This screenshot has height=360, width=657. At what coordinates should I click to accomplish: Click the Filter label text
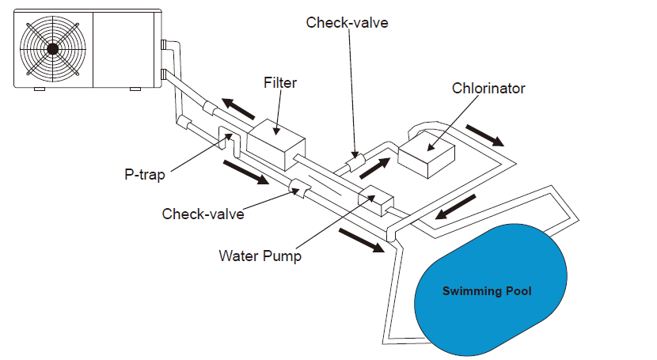pos(280,82)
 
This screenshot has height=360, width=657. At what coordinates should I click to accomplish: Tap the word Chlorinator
pos(488,88)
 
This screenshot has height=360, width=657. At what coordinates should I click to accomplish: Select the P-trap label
pos(144,174)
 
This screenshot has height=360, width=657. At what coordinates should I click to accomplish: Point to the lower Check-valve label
pos(203,214)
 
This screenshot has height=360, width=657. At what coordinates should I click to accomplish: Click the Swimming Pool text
pos(486,291)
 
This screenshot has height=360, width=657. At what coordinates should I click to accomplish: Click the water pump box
pos(375,203)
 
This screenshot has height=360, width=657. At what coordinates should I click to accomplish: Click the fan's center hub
pos(52,48)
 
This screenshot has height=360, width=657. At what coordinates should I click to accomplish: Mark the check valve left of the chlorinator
pos(353,163)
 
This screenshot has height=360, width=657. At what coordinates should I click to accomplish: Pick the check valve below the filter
pos(301,187)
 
